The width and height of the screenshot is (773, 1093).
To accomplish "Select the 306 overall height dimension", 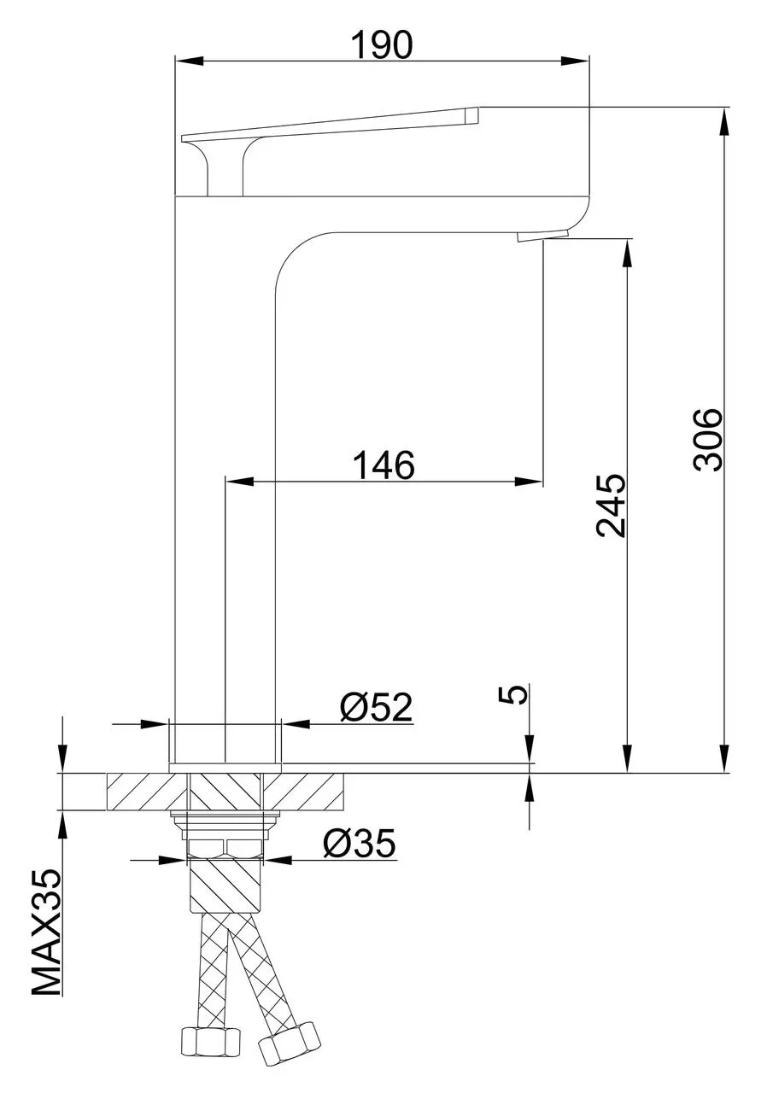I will click(708, 439).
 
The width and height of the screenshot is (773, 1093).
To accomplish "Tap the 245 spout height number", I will click(611, 505).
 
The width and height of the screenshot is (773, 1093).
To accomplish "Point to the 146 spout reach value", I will click(384, 465).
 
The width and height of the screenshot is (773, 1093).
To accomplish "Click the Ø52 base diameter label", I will click(376, 707).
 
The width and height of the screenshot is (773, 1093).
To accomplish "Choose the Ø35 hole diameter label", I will click(359, 844).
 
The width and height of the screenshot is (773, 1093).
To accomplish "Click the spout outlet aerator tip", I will click(543, 235).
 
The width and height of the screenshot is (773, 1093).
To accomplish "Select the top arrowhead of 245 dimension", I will click(628, 253).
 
